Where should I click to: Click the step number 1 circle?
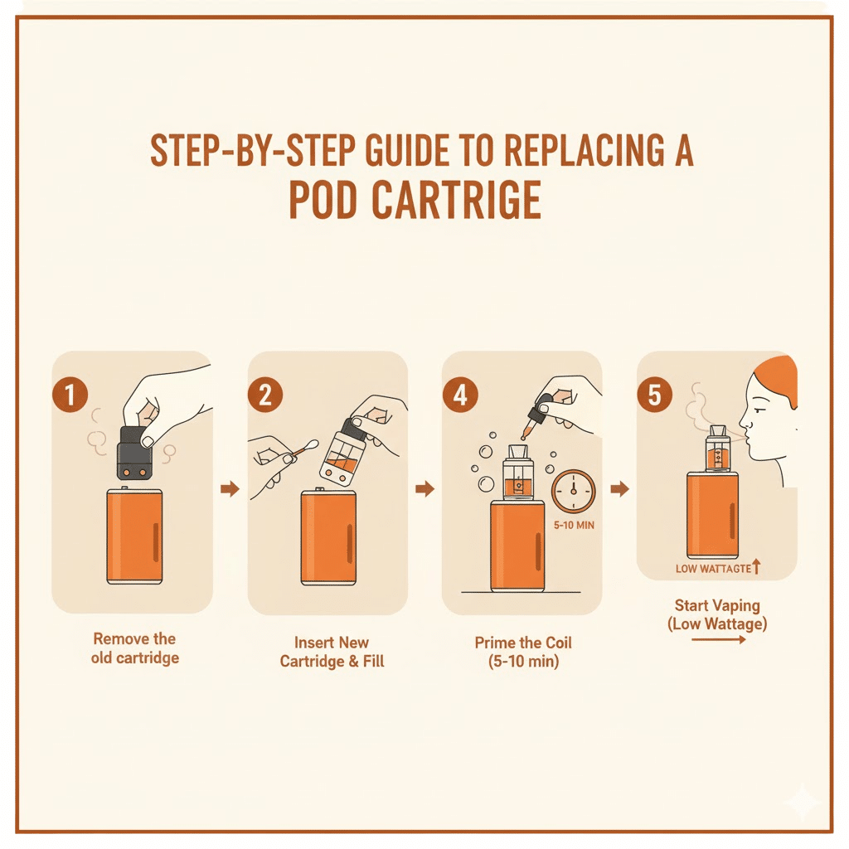pyautogui.click(x=70, y=395)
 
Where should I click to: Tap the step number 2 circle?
pyautogui.click(x=265, y=395)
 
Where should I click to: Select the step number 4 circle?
pyautogui.click(x=459, y=395)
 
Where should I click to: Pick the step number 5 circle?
pyautogui.click(x=654, y=395)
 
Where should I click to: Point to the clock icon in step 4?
pyautogui.click(x=573, y=491)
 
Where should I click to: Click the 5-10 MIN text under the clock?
pyautogui.click(x=573, y=526)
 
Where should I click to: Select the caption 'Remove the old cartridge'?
pyautogui.click(x=134, y=648)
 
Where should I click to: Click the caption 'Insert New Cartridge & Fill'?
pyautogui.click(x=332, y=652)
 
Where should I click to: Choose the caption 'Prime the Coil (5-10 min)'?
pyautogui.click(x=523, y=652)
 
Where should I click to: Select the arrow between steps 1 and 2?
pyautogui.click(x=230, y=490)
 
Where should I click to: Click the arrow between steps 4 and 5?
pyautogui.click(x=619, y=490)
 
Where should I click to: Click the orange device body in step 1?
pyautogui.click(x=134, y=536)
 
